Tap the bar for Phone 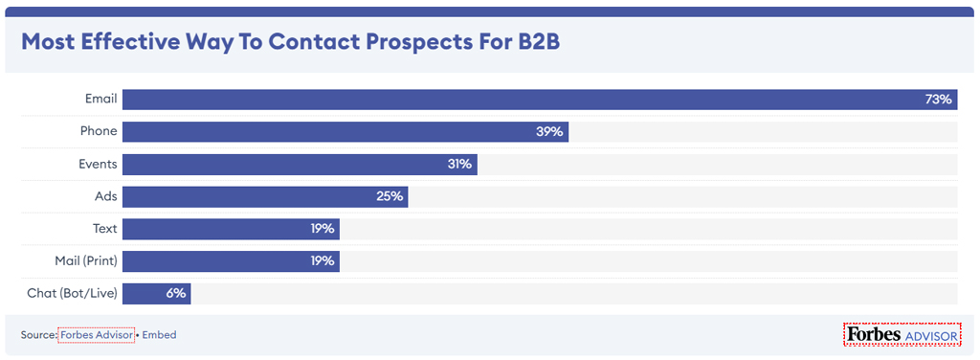coord(345,132)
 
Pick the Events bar coord(300,165)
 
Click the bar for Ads coord(264,197)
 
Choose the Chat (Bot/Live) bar coord(156,294)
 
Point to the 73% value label coord(938,100)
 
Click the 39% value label coord(549,132)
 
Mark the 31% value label coord(459,165)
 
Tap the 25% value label coord(390,197)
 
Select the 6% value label coord(175,294)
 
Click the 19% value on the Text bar coord(322,230)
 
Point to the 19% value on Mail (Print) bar coord(322,261)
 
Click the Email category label coord(100,99)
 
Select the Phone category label coord(99,131)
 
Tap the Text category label coord(104,229)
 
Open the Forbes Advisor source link coord(96,335)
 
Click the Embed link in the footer coord(159,335)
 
